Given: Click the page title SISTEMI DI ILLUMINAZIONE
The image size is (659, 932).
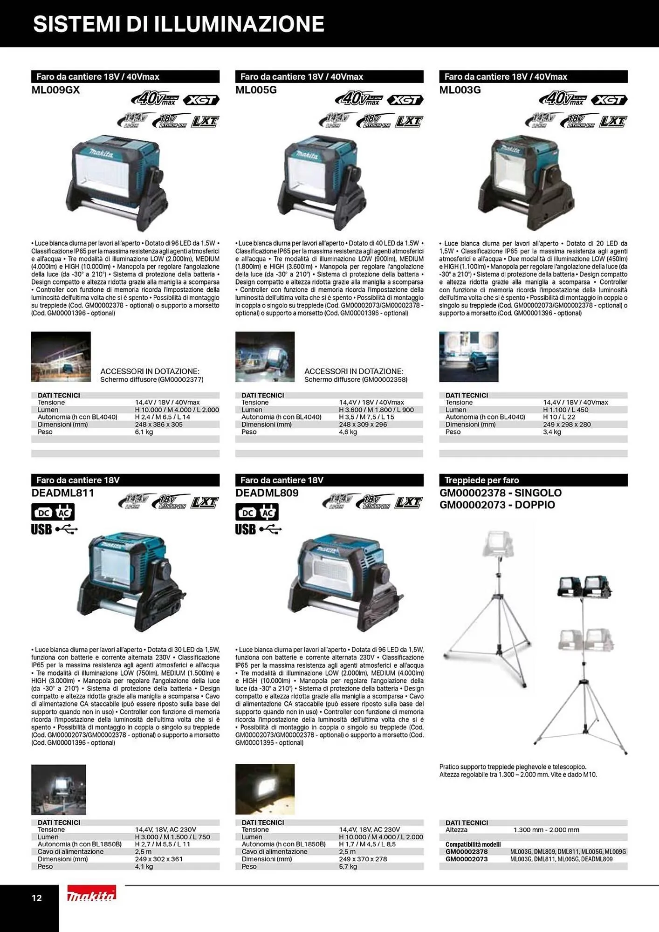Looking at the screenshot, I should [178, 24].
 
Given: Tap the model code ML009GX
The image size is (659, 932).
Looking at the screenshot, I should [55, 90].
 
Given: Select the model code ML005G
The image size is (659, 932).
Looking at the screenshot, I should [256, 90].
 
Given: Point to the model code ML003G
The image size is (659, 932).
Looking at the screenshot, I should [460, 90].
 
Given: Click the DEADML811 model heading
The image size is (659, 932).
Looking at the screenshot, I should [62, 493].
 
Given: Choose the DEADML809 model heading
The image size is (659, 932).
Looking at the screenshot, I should [267, 493].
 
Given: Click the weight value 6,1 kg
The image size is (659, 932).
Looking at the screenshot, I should [144, 432].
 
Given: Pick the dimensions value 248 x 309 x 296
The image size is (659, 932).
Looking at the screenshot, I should [363, 425].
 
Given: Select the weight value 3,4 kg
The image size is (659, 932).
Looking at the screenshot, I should [552, 432].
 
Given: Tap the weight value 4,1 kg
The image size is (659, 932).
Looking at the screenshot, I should [144, 867].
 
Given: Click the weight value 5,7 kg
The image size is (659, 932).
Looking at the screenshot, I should [348, 867].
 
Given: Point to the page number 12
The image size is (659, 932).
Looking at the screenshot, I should [36, 898].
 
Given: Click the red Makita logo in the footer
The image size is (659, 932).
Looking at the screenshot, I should [91, 895].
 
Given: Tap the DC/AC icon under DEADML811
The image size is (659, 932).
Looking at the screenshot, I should [53, 513].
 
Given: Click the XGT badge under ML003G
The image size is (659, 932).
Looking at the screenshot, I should [609, 100].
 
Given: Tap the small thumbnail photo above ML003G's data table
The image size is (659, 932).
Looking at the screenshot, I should [468, 357].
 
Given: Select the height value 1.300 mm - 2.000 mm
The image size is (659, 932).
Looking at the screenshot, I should [546, 830].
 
